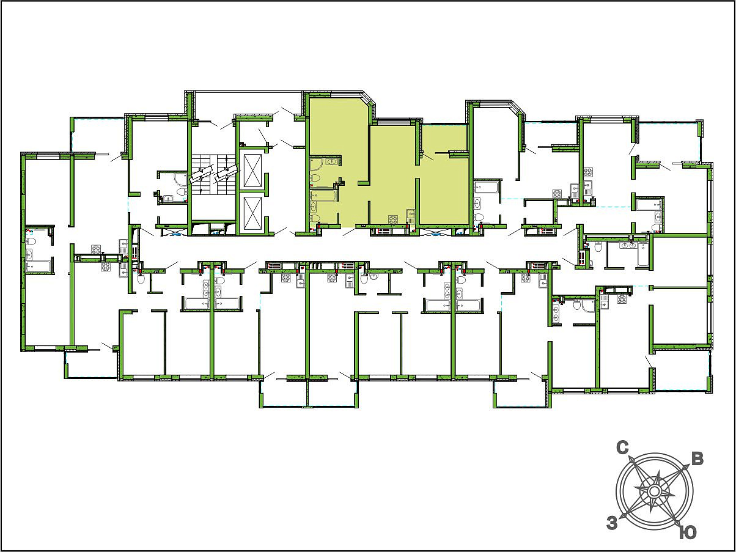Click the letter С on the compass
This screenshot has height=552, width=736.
(x=622, y=449)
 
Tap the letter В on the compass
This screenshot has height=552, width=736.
(x=697, y=460)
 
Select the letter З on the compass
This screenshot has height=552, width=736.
(x=612, y=523)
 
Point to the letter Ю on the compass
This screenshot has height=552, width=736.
(x=688, y=532)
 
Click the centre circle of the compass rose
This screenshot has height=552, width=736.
(x=653, y=491)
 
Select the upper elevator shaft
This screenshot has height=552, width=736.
(x=252, y=170)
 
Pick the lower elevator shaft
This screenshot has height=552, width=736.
(x=252, y=213)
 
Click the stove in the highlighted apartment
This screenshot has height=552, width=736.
(x=393, y=220)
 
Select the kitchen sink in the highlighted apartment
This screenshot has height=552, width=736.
(x=411, y=216)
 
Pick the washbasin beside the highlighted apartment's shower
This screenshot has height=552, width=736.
(x=333, y=162)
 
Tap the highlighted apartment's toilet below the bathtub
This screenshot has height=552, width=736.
(x=315, y=219)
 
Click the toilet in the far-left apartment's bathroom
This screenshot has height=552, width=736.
(x=31, y=241)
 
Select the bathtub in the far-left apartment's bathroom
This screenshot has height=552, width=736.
(x=39, y=267)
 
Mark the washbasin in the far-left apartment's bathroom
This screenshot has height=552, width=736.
(x=29, y=254)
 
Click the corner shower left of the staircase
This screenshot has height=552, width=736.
(x=180, y=180)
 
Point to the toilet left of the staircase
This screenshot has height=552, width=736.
(x=181, y=192)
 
